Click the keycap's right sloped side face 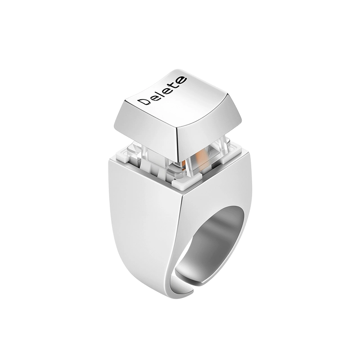(207, 129)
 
